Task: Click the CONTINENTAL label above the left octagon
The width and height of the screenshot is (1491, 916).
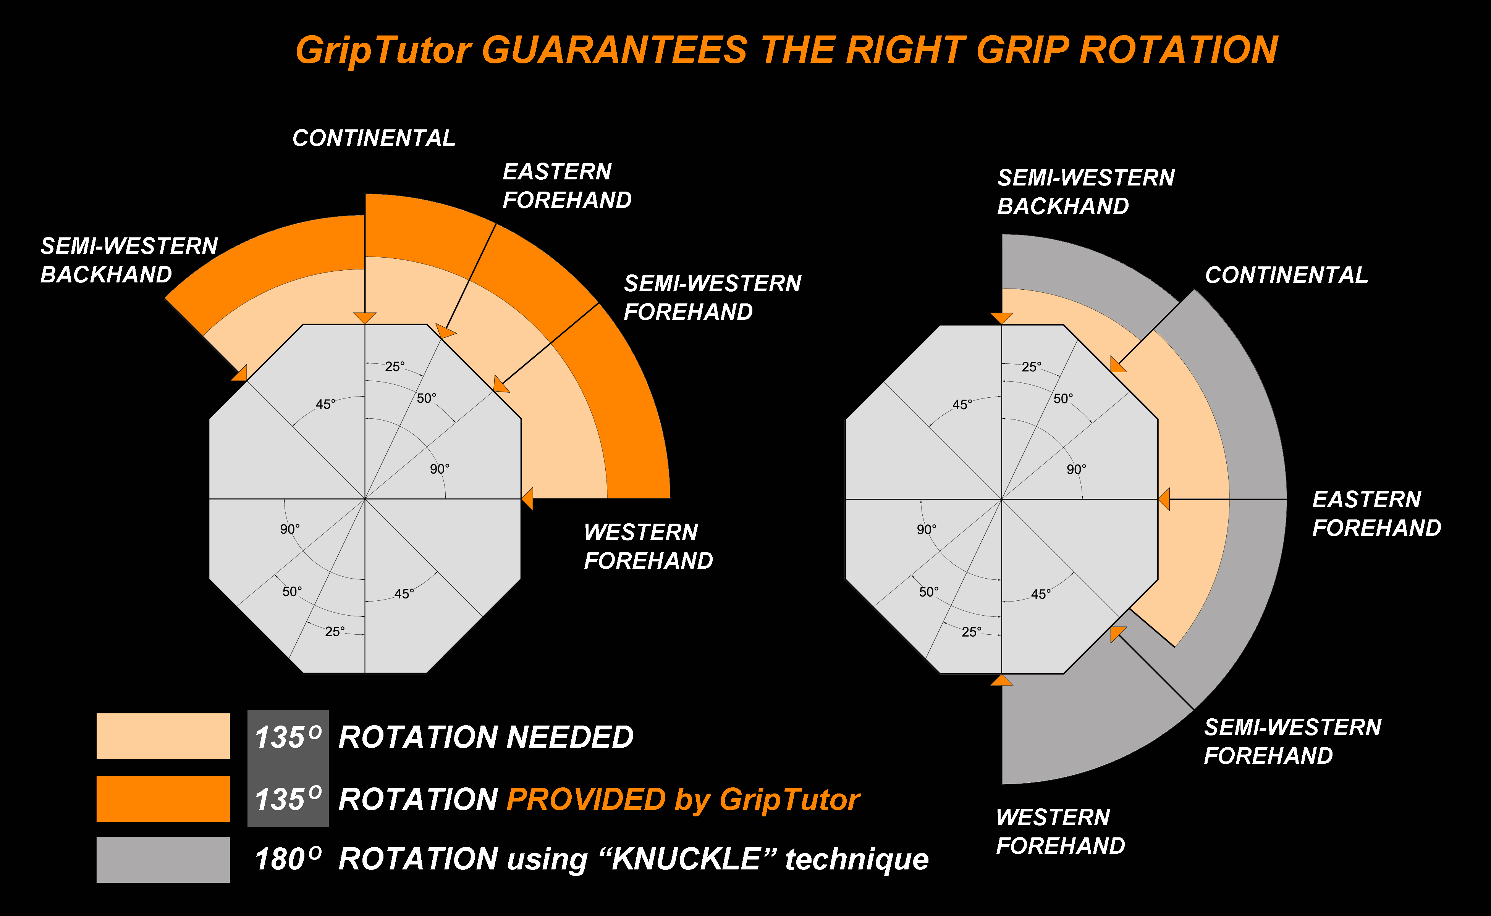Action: coord(374,138)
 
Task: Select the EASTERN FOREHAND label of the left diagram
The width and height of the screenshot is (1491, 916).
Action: coord(567,185)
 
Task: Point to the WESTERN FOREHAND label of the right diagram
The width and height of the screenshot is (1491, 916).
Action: coord(1060,831)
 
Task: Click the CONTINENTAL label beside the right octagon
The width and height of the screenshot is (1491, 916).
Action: coord(1286,275)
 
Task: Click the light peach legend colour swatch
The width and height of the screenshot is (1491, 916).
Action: coord(163,736)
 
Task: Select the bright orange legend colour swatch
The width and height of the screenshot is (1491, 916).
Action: coord(163,798)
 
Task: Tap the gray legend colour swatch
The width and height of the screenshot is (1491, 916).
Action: coord(163,860)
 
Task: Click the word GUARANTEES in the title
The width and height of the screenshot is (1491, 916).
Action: coord(615,50)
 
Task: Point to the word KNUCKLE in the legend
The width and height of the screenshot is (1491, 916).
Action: coord(686,859)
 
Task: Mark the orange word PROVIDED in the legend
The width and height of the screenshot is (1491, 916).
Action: coord(586,800)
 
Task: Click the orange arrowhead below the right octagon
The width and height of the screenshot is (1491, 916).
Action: coord(1001,681)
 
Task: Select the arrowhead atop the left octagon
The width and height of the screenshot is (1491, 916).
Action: coord(365,318)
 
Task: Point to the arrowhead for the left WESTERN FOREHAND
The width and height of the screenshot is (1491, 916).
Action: coord(528,498)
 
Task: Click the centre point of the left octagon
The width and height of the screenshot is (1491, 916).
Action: coord(365,499)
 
